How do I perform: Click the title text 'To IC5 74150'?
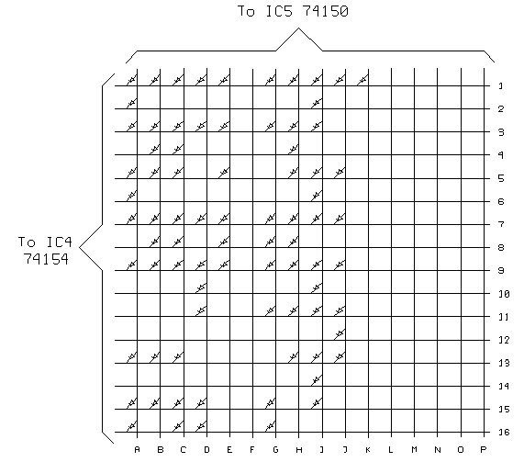(x=293, y=11)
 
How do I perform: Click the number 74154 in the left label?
(x=46, y=259)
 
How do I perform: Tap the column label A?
(x=137, y=450)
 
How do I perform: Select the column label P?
(x=484, y=450)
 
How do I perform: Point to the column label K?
(x=368, y=450)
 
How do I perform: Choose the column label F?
(x=252, y=450)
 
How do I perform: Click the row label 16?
(x=504, y=433)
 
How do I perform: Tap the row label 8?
(x=501, y=248)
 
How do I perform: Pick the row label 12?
(x=504, y=340)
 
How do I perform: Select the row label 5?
(x=501, y=178)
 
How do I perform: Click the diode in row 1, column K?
(x=362, y=80)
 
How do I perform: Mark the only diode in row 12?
(x=340, y=334)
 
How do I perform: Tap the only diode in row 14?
(x=317, y=380)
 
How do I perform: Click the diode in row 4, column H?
(x=293, y=149)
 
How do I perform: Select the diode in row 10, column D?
(x=201, y=287)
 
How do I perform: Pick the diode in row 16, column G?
(x=270, y=426)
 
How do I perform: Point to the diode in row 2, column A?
(x=131, y=103)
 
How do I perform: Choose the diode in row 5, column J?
(x=340, y=173)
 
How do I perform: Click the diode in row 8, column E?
(x=224, y=242)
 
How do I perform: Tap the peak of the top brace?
(x=298, y=28)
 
